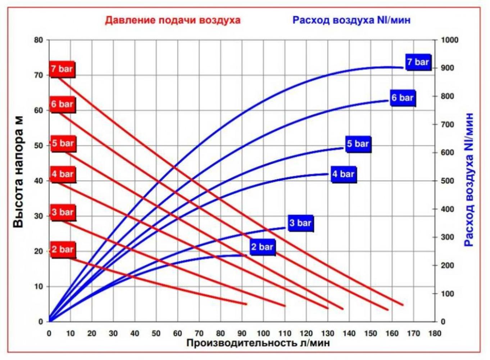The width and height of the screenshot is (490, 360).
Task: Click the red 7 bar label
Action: tap(62, 69)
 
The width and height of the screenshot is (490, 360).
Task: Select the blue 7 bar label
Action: tap(418, 62)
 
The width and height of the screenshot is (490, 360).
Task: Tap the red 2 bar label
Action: tap(63, 249)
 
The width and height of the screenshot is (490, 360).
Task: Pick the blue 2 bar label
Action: tap(262, 247)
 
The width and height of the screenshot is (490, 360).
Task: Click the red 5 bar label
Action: tap(63, 143)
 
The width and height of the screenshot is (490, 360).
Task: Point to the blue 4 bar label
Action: tap(343, 174)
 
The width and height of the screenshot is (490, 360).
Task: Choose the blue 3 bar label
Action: tap(300, 223)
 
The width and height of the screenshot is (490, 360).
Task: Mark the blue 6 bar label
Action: tap(403, 98)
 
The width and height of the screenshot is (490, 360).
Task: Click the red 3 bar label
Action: tap(63, 212)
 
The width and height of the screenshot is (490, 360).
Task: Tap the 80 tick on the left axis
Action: tap(38, 40)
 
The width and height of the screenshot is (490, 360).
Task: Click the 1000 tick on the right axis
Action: tap(450, 40)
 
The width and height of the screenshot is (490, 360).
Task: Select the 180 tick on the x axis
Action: tap(435, 333)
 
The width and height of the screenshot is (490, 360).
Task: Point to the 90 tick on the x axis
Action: tap(242, 333)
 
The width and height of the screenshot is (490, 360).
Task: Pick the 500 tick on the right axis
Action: tap(448, 181)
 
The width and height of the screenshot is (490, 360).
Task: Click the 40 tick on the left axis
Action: tap(38, 181)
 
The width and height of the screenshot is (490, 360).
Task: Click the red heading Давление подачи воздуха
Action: tap(173, 20)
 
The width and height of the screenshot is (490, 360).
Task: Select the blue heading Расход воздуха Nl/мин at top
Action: tap(351, 20)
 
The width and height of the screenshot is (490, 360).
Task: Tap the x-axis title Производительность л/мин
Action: tap(258, 343)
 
